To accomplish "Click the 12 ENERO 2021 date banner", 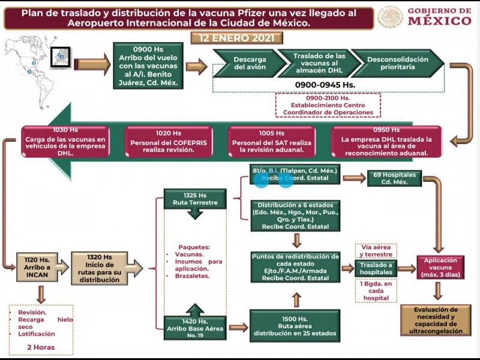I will tap(236, 38).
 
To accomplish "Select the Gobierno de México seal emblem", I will tap(390, 17).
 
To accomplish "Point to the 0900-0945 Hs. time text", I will tap(325, 85).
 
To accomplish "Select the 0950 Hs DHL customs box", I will tap(386, 142).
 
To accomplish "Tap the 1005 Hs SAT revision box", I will tap(271, 142).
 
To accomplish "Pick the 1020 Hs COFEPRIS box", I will tap(168, 142).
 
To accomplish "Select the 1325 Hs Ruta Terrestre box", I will tap(194, 199).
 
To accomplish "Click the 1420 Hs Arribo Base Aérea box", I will tap(194, 325).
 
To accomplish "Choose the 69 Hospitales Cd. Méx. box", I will tap(395, 178).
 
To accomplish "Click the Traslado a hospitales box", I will tap(376, 269).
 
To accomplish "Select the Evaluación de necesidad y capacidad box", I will tap(436, 320).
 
